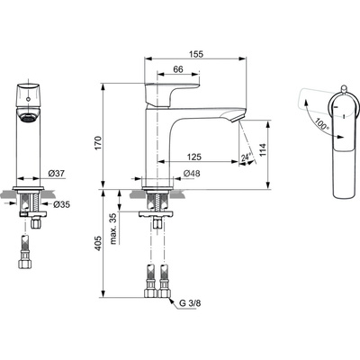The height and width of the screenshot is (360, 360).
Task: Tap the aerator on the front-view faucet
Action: [x=29, y=117]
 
